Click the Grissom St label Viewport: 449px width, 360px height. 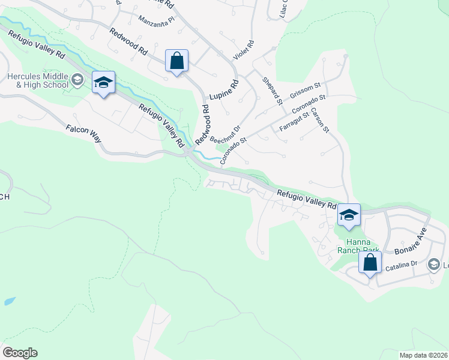306,94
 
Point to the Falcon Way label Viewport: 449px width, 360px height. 83,133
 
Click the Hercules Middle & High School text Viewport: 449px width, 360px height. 37,80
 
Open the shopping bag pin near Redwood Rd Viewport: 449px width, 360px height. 176,61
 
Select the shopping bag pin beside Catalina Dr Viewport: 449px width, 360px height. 370,263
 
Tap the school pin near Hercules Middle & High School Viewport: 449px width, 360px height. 103,83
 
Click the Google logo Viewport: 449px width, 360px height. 20,353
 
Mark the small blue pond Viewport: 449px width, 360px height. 9,301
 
